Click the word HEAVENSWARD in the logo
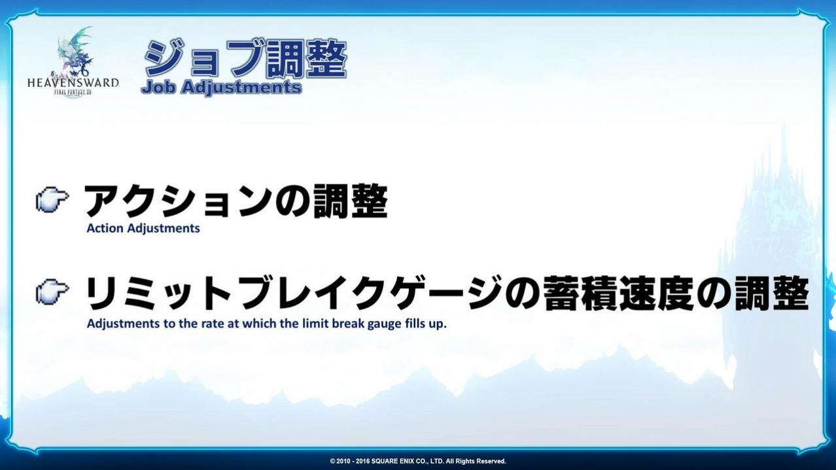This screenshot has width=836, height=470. point(73,82)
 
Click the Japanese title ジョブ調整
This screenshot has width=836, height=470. point(245,59)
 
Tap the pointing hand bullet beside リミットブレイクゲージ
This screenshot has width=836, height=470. point(52,292)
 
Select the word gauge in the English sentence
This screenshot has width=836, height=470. point(380,325)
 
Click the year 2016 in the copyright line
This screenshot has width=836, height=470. point(362,462)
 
